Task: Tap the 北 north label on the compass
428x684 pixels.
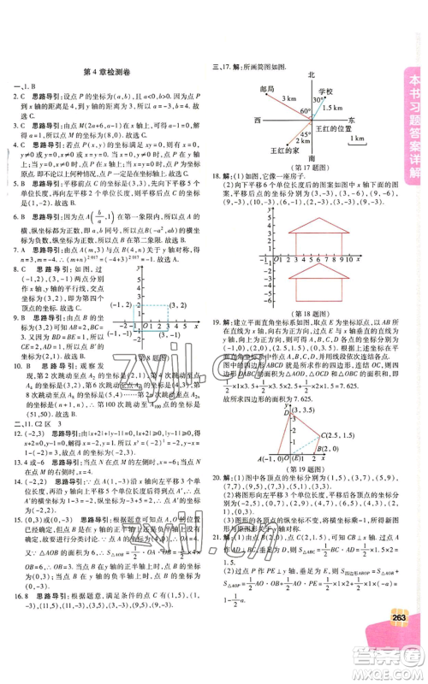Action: (x=312, y=74)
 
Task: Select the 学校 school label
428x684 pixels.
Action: (x=326, y=91)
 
